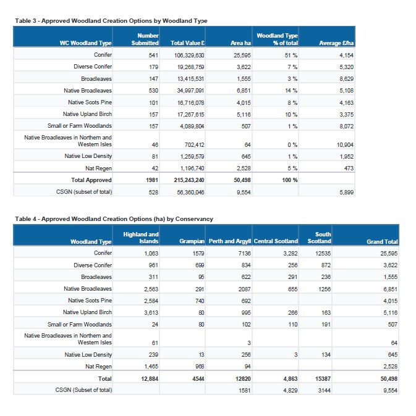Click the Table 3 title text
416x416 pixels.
point(111,20)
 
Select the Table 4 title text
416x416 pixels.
point(114,218)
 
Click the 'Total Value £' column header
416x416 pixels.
point(187,43)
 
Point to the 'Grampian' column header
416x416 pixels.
point(192,241)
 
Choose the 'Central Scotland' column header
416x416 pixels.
point(276,241)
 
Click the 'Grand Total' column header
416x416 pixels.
point(382,241)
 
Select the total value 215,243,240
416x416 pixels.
point(190,180)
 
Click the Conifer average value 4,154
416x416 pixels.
point(346,55)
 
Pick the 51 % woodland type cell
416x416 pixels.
point(290,55)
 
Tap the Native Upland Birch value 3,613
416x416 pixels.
point(151,312)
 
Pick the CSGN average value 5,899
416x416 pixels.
point(346,193)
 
